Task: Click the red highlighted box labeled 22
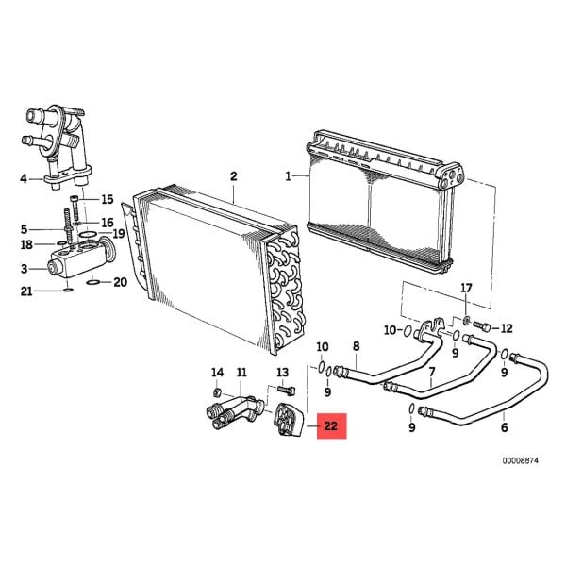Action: pos(332,426)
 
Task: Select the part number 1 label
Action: pos(288,177)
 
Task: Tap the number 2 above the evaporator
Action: pos(234,176)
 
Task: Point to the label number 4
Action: pos(24,178)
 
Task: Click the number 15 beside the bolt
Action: pos(108,199)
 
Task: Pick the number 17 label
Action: pos(466,288)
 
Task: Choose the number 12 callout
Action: pos(507,328)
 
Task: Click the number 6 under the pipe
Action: pos(505,427)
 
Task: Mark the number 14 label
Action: pos(217,372)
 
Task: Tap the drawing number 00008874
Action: pos(520,460)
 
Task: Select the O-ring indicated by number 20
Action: pos(92,282)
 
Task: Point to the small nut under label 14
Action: pos(217,391)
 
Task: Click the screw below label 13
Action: pos(287,391)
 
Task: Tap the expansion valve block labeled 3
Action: pos(81,257)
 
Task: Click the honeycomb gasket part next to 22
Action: pos(289,420)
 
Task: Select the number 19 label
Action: pos(119,234)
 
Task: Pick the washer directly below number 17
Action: pos(466,319)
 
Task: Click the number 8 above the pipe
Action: pos(357,346)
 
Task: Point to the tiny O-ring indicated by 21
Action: pos(68,290)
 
